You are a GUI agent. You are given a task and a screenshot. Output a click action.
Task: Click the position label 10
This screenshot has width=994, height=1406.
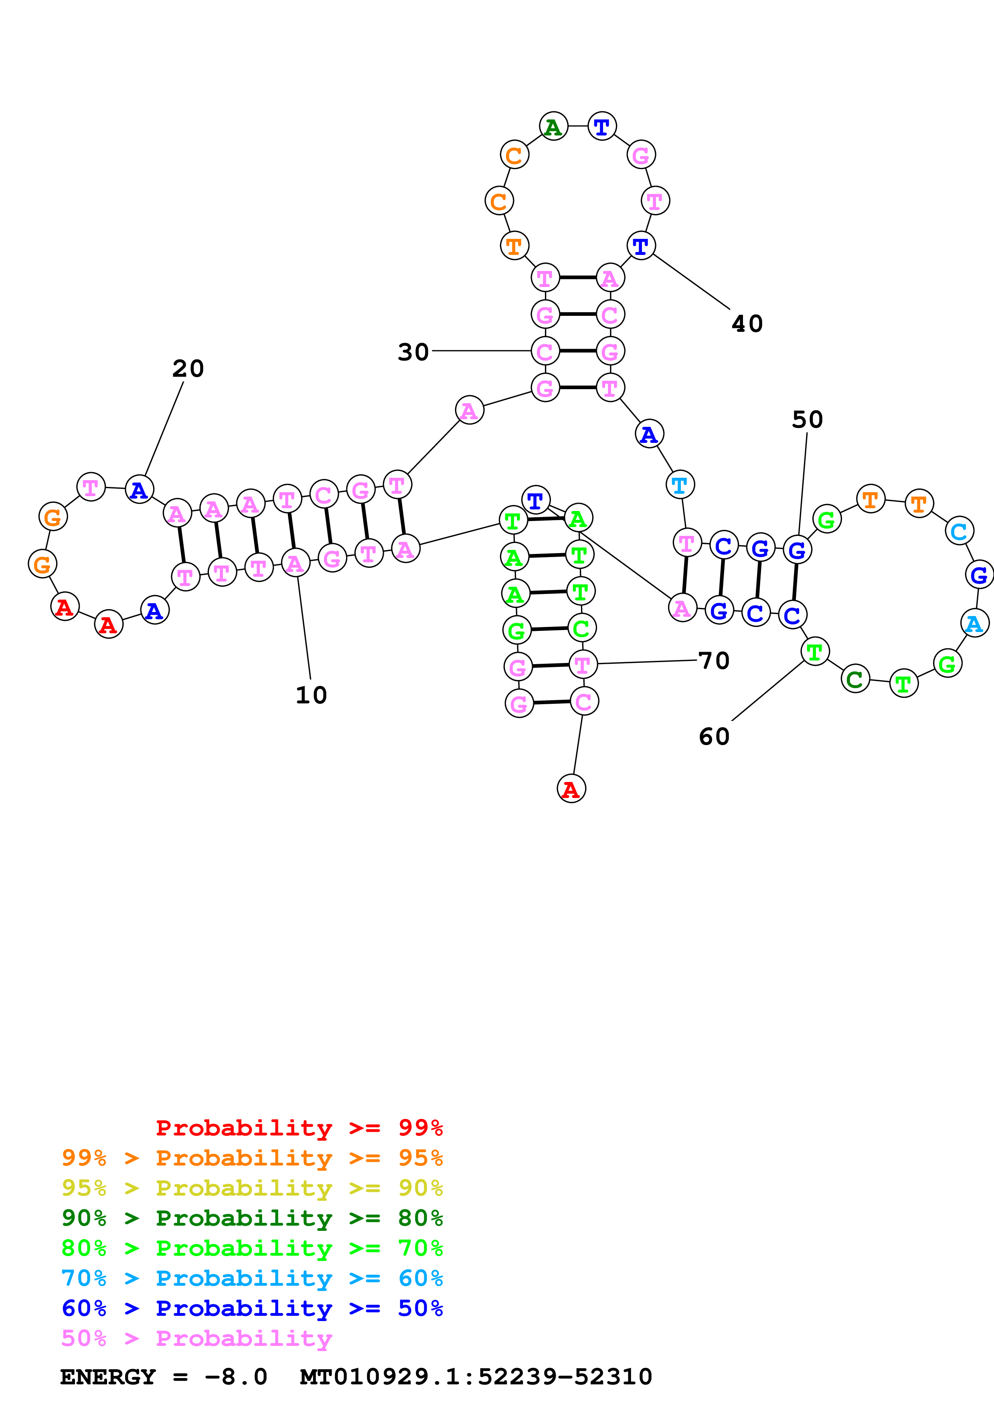(x=311, y=695)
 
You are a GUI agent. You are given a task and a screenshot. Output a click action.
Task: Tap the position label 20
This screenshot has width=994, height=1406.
(x=188, y=369)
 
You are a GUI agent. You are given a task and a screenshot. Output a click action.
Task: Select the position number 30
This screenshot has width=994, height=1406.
(x=413, y=352)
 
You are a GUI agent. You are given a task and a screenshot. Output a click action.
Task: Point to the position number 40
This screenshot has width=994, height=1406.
(x=747, y=323)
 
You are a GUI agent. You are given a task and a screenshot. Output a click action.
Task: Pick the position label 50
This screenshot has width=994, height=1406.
(x=807, y=420)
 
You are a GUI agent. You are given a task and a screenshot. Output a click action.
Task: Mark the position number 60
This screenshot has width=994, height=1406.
(x=714, y=737)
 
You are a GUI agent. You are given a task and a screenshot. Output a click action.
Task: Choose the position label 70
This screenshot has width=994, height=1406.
(x=714, y=661)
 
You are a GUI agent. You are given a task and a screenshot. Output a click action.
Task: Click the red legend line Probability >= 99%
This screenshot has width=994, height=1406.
(x=299, y=1128)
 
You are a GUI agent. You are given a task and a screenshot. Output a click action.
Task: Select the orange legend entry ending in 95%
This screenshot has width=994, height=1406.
(x=252, y=1158)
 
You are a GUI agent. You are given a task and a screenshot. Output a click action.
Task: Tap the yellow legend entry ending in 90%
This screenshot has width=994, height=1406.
(x=252, y=1188)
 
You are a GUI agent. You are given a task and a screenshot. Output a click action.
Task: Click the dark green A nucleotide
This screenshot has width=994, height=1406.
(x=553, y=127)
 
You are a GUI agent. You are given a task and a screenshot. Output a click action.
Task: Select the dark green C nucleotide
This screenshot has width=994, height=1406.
(x=855, y=679)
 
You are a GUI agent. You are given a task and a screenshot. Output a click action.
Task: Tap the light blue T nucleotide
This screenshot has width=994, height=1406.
(x=680, y=485)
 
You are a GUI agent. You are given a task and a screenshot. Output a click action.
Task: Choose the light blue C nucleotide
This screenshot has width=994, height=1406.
(x=959, y=531)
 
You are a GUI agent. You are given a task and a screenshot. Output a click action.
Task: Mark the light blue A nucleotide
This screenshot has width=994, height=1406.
(x=974, y=623)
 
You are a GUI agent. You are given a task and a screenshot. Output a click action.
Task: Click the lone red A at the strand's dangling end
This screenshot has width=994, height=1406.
(x=571, y=789)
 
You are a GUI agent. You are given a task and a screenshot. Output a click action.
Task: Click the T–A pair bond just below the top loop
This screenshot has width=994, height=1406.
(x=577, y=277)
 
